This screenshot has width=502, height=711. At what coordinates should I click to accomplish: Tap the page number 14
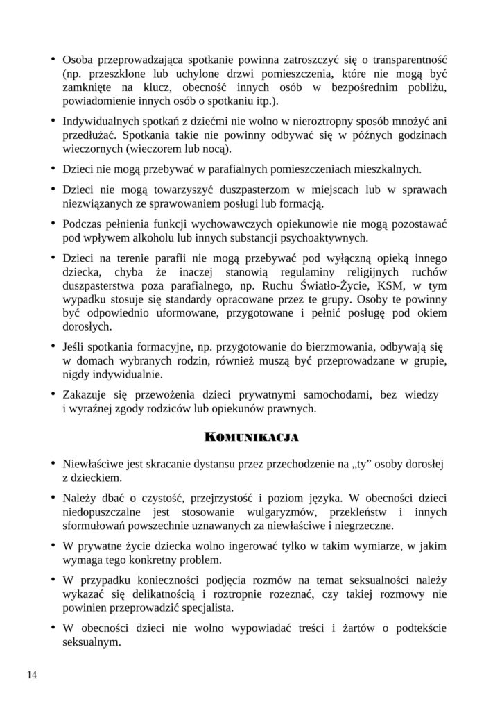point(33,674)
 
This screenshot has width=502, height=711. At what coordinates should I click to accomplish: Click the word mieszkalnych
point(386,169)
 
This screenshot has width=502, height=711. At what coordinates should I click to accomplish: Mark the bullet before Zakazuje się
point(53,395)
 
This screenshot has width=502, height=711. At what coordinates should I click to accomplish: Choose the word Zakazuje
point(85,394)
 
